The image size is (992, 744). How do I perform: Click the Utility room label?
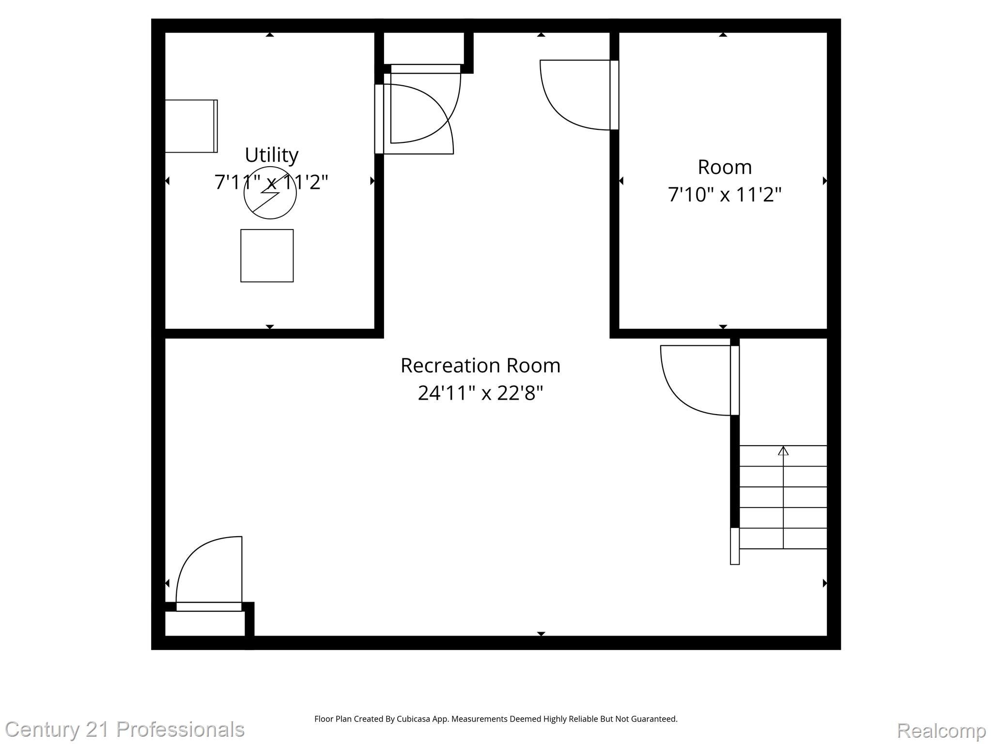(x=271, y=155)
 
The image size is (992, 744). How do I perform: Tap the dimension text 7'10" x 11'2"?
(x=725, y=195)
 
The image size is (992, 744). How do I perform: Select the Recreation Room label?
(x=480, y=365)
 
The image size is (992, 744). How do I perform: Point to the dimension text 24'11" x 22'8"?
(x=480, y=393)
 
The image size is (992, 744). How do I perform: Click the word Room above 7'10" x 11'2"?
(x=725, y=167)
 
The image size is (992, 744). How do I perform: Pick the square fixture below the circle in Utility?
(x=267, y=255)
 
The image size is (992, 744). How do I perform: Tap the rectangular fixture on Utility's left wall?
(x=191, y=126)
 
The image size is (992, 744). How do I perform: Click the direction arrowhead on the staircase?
(x=783, y=451)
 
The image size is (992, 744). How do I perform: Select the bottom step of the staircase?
(x=783, y=539)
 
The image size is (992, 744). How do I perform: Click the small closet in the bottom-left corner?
(x=204, y=623)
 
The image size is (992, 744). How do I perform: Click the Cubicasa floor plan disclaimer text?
(x=496, y=719)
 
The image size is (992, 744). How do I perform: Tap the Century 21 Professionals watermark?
(x=124, y=729)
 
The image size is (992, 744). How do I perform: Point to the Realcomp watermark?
(x=941, y=730)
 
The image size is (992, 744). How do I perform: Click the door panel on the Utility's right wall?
(x=379, y=119)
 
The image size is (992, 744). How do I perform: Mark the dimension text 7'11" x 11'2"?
(x=271, y=183)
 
